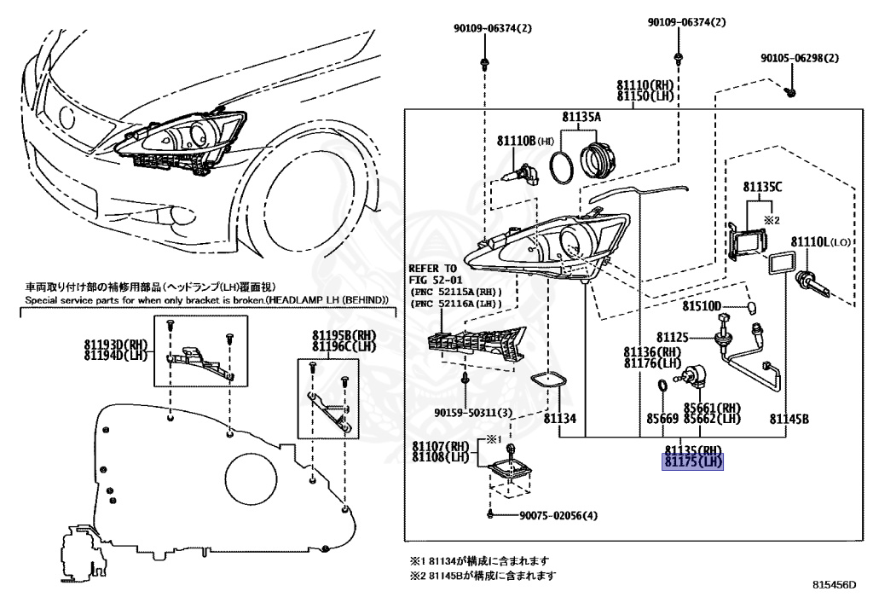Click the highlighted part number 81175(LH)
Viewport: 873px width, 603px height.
pyautogui.click(x=693, y=463)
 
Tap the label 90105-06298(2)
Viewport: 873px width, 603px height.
pyautogui.click(x=800, y=59)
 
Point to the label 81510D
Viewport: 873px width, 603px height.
pyautogui.click(x=702, y=306)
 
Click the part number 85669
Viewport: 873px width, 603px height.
pyautogui.click(x=662, y=419)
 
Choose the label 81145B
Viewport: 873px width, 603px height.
pyautogui.click(x=789, y=419)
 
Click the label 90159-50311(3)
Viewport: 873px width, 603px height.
pyautogui.click(x=473, y=413)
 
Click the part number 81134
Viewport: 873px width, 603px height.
pyautogui.click(x=560, y=419)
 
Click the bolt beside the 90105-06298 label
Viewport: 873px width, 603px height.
pyautogui.click(x=790, y=89)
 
